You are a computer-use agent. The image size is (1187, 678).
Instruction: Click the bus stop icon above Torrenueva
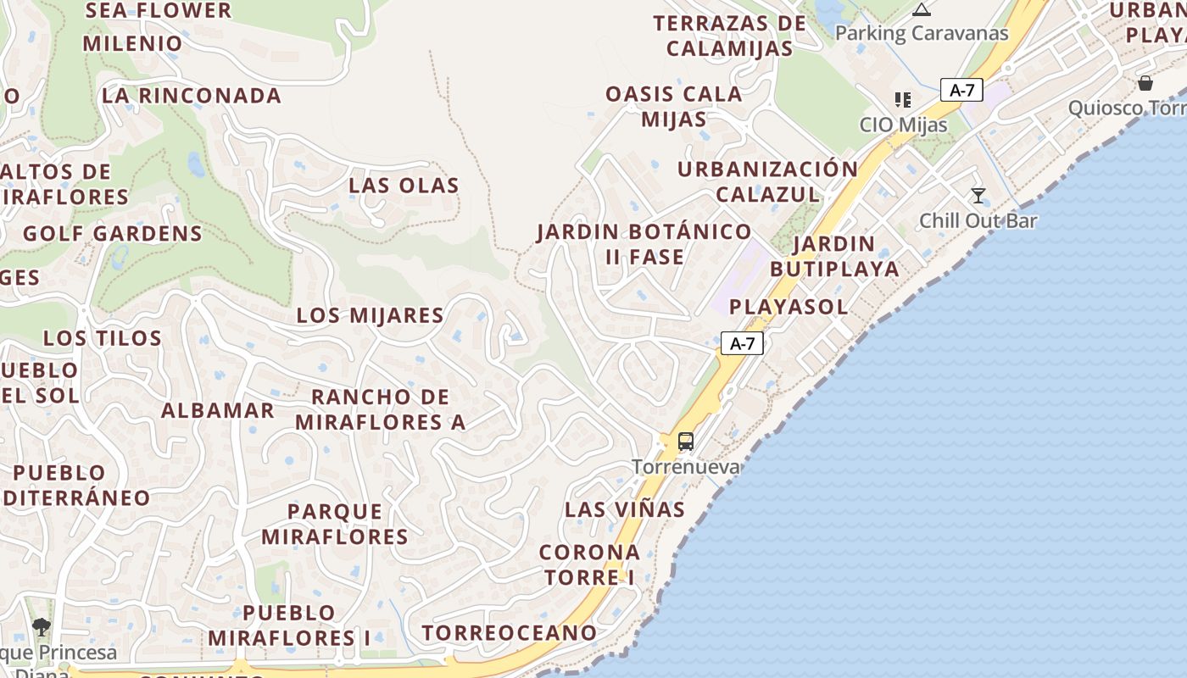[686, 442]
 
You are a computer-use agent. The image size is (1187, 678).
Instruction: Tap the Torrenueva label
[686, 467]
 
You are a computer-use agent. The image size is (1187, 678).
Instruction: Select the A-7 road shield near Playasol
[742, 343]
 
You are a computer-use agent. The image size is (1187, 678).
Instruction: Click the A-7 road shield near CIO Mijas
[961, 90]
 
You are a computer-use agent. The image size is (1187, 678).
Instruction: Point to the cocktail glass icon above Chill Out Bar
[978, 196]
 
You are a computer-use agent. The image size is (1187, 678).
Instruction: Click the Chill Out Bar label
[978, 221]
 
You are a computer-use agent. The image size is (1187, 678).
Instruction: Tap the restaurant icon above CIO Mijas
[903, 100]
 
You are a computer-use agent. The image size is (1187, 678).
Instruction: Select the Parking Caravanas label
[922, 34]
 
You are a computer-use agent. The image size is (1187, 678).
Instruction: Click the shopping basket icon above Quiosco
[1145, 83]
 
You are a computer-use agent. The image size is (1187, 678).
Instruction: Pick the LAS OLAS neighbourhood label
[404, 186]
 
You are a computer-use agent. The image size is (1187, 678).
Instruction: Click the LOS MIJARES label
[370, 315]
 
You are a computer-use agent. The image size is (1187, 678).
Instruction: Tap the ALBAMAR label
[218, 411]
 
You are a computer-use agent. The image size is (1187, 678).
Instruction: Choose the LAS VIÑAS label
[625, 509]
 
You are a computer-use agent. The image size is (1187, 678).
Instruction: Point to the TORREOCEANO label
[510, 633]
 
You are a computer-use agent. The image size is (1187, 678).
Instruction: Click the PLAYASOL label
[789, 307]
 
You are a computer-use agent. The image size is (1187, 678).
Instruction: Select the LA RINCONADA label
[192, 96]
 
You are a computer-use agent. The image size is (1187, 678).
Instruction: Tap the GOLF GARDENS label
[113, 234]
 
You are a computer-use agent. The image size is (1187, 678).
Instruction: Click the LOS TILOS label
[103, 338]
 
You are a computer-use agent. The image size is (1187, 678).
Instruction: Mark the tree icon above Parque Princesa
[41, 627]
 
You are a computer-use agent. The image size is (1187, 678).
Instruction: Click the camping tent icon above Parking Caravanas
[922, 10]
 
